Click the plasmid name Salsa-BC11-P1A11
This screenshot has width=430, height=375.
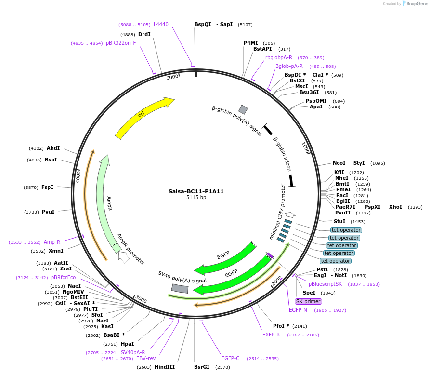(x=196, y=191)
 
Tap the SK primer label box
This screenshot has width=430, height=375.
(x=308, y=301)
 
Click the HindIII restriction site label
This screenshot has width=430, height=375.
(x=165, y=367)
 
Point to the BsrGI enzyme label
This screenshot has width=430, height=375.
(x=202, y=367)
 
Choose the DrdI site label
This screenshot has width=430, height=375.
(x=144, y=34)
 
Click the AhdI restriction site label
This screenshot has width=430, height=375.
(x=53, y=148)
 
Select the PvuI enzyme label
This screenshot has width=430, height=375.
(x=48, y=212)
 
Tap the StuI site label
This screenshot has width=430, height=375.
(x=339, y=221)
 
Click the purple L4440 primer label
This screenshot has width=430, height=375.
(x=161, y=24)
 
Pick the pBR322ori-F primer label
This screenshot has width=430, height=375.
(x=121, y=43)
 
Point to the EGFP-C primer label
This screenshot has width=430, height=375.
(x=230, y=358)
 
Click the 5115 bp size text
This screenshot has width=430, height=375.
(x=196, y=198)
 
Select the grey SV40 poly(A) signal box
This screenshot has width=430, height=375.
(x=180, y=288)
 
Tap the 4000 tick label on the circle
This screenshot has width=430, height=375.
(x=78, y=175)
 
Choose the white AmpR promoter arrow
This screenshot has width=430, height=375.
(x=123, y=257)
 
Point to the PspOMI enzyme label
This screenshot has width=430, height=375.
(x=316, y=101)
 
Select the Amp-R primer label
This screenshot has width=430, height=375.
(x=52, y=242)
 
